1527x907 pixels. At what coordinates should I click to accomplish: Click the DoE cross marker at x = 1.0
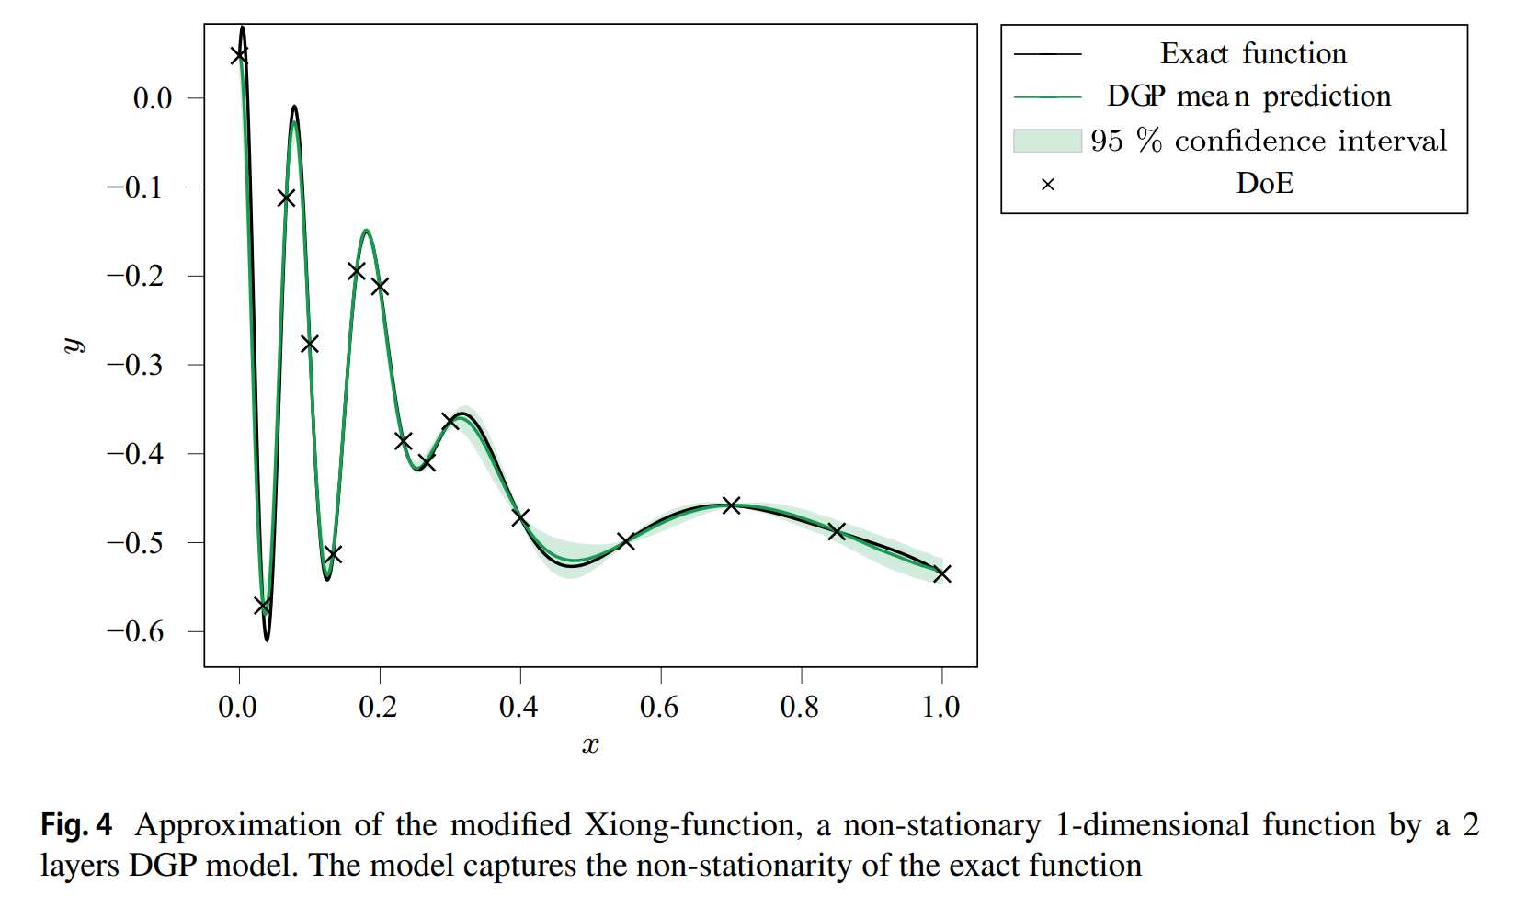[x=941, y=573]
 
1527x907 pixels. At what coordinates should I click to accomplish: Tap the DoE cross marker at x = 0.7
[x=731, y=505]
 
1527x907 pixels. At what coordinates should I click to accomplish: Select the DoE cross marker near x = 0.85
[x=837, y=531]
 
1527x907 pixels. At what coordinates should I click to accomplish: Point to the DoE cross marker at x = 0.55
[x=626, y=541]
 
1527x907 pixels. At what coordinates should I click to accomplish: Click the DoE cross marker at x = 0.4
[x=520, y=518]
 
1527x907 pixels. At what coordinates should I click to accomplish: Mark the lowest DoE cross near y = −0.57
[x=262, y=606]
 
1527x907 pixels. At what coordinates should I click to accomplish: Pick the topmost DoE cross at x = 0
[x=239, y=55]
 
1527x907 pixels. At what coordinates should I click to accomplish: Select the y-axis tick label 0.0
[x=153, y=98]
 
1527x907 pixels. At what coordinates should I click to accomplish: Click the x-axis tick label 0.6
[x=659, y=707]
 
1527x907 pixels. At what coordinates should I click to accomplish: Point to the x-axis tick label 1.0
[x=940, y=707]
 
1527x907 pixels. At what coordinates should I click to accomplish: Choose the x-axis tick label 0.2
[x=378, y=707]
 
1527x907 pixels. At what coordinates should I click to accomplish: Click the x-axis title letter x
[x=590, y=745]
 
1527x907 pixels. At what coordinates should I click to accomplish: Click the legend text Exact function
[x=1253, y=54]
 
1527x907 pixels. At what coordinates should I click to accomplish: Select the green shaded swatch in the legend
[x=1047, y=141]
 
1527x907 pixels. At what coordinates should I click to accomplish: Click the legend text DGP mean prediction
[x=1248, y=96]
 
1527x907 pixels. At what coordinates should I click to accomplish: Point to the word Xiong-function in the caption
[x=689, y=825]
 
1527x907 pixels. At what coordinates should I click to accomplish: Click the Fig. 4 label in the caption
[x=76, y=825]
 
